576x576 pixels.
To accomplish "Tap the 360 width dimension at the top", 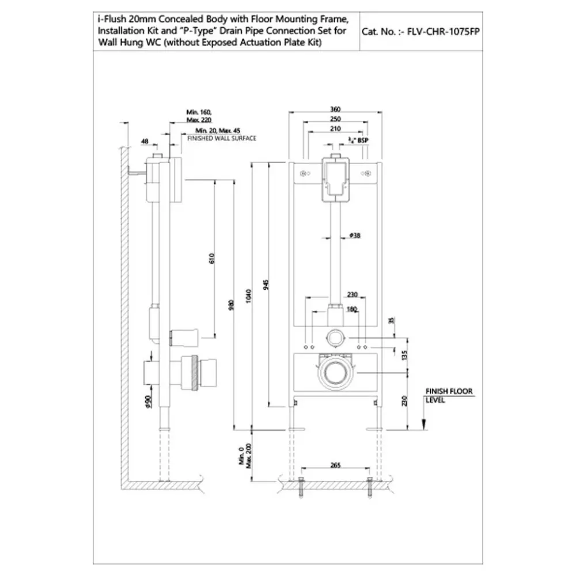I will point(336,109).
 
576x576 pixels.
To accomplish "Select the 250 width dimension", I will point(336,119).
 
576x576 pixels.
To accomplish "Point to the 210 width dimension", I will point(336,129).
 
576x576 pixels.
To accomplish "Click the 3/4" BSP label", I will point(358,139).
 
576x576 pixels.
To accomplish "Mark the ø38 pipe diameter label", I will point(355,235).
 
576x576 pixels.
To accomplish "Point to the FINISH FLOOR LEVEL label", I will point(448,395).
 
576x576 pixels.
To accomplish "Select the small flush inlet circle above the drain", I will point(335,337).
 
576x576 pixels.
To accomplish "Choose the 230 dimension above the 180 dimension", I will point(352,294).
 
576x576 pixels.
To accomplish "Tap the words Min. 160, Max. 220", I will point(199,115).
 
